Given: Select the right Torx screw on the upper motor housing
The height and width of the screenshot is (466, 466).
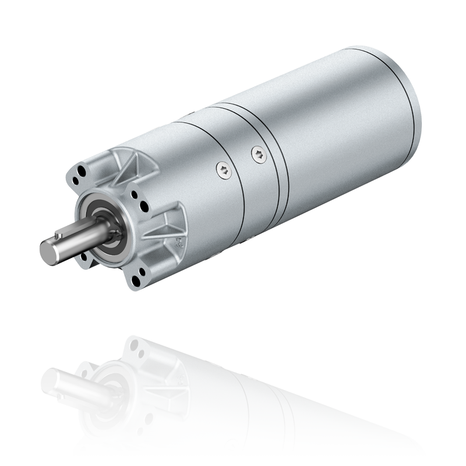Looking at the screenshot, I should pyautogui.click(x=258, y=153).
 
